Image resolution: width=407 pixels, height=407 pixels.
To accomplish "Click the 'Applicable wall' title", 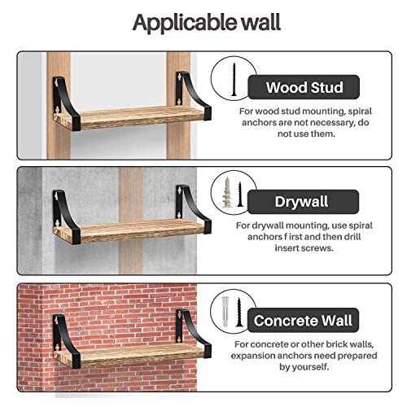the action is [x=207, y=23].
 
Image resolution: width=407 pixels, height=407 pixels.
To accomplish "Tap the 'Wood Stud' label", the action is [x=304, y=87].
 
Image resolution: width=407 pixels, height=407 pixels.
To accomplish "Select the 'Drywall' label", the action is [x=301, y=202].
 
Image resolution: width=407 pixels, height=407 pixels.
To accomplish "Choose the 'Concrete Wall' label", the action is [x=303, y=321].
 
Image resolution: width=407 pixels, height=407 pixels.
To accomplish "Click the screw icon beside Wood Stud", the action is [x=234, y=79].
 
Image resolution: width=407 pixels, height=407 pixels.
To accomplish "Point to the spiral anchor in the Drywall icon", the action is [x=227, y=192].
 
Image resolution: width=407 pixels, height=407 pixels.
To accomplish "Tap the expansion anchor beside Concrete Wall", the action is [x=225, y=312].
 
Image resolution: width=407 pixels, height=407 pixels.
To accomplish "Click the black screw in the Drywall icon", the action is [x=240, y=195].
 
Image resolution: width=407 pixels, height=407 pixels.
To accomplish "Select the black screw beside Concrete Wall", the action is [x=239, y=312].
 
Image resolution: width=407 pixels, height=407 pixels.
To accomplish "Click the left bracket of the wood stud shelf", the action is [x=65, y=104].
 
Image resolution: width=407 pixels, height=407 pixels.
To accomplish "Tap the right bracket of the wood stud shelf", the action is [x=193, y=95].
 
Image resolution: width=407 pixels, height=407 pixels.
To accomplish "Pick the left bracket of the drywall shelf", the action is [x=65, y=217].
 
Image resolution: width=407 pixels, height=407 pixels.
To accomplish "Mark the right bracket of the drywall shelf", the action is [x=193, y=208].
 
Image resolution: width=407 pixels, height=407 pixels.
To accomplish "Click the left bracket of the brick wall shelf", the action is [x=65, y=342].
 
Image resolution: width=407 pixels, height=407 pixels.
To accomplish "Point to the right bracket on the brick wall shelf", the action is [x=193, y=333].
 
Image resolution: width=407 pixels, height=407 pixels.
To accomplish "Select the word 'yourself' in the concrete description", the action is [x=308, y=367].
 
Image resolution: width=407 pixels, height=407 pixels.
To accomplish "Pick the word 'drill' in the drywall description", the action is [x=352, y=237].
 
